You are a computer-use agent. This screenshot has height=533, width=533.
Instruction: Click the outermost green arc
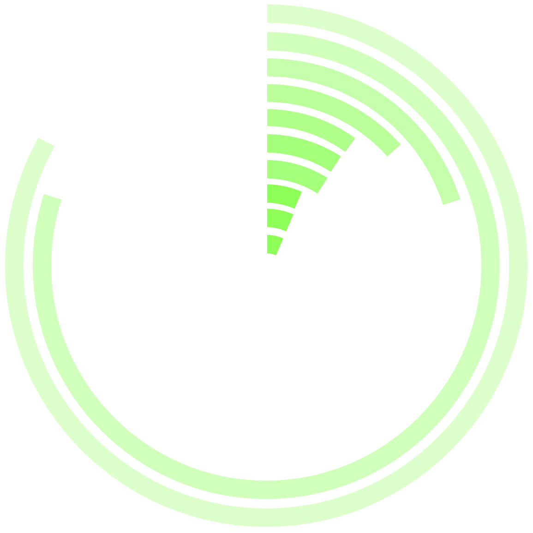click(x=518, y=265)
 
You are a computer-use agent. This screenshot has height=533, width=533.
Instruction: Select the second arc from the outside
click(x=490, y=265)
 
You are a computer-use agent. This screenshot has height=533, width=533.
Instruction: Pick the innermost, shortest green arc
click(x=274, y=244)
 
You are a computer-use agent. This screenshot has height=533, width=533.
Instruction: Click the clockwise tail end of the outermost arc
click(x=47, y=142)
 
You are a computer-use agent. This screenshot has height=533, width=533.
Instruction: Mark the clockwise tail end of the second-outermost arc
click(x=53, y=197)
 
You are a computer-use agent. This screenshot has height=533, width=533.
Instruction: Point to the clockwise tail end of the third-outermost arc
click(x=451, y=202)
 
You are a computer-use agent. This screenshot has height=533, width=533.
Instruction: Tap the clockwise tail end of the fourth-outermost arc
click(x=393, y=150)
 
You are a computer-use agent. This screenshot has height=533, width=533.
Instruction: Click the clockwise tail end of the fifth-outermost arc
click(x=350, y=144)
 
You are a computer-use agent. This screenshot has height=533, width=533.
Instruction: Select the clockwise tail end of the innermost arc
click(x=280, y=247)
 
